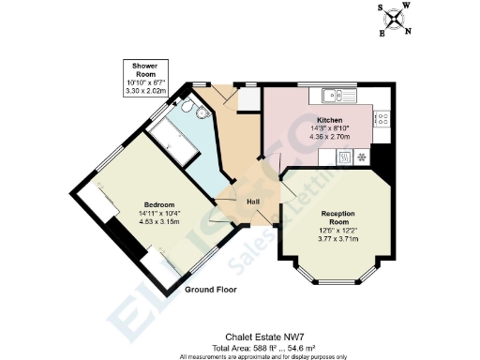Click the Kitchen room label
point(329,121)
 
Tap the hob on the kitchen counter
point(382,118)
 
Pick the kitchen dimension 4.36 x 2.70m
point(329,137)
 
